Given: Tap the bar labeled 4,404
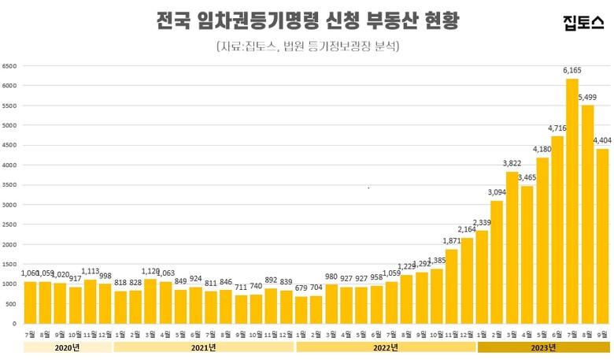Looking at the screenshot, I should [602, 236].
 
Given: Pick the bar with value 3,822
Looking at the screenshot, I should [512, 247].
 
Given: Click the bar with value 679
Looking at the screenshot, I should [301, 310].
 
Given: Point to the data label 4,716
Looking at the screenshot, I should [557, 128].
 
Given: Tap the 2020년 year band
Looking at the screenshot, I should [68, 347].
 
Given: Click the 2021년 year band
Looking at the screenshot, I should [203, 347].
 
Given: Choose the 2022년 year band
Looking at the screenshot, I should [384, 347].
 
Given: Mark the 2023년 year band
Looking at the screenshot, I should [543, 347].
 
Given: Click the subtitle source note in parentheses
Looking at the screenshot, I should [308, 46].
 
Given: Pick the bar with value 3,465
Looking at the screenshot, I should [527, 254].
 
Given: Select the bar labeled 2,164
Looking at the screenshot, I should [467, 280].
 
